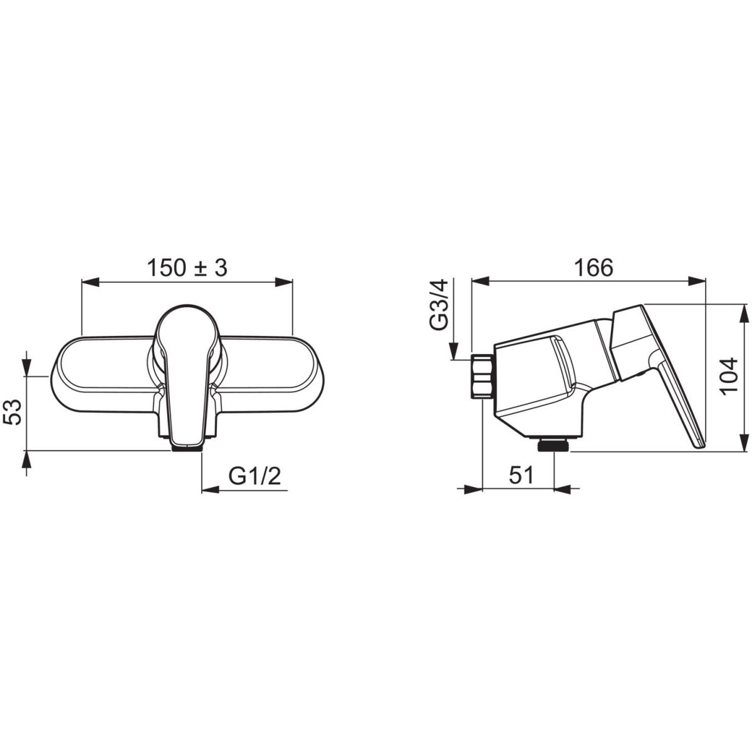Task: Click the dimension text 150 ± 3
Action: pyautogui.click(x=187, y=268)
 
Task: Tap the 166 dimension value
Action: pyautogui.click(x=593, y=268)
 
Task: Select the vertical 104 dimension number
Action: pyautogui.click(x=729, y=377)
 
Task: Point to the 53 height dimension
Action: pyautogui.click(x=13, y=412)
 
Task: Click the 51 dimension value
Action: pyautogui.click(x=521, y=476)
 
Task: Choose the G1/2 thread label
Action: pyautogui.click(x=254, y=476)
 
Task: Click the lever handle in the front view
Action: pyautogui.click(x=187, y=375)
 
